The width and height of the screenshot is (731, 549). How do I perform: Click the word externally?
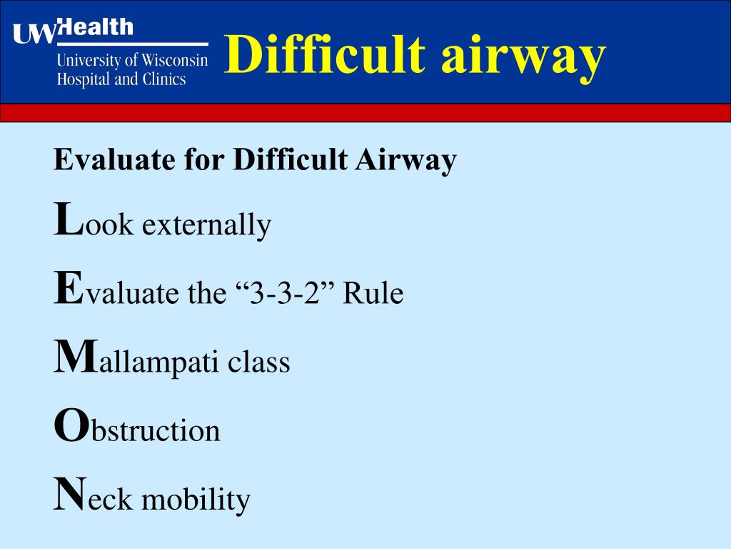point(206,225)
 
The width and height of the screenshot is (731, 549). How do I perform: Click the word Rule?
point(373,293)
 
